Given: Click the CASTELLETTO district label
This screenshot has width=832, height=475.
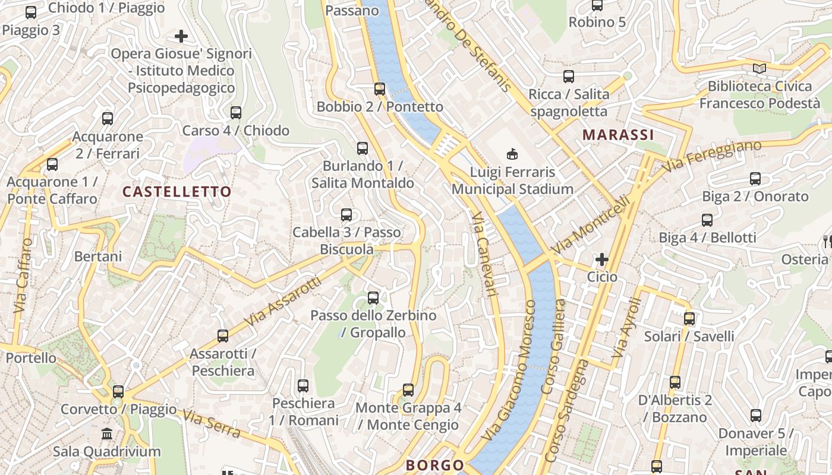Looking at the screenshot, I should click(177, 192).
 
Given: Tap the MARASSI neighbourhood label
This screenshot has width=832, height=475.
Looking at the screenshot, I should click(617, 135).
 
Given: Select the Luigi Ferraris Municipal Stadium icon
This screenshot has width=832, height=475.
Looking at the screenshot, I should click(512, 154).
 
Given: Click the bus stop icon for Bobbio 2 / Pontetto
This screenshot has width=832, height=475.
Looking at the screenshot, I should click(380, 89).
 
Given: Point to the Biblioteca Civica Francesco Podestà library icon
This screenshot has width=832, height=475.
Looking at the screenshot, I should click(759, 68).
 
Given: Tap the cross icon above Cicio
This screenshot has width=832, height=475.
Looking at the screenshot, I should click(602, 259).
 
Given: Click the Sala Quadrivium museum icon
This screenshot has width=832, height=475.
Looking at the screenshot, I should click(107, 434).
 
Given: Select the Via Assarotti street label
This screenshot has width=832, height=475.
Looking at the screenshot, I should click(282, 302).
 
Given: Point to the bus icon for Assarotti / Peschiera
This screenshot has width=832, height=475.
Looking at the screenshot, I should click(223, 336).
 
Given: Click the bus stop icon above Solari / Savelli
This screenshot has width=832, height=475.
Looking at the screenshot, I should click(689, 319).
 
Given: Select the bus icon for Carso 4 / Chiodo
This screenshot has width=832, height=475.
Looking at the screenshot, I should click(236, 113).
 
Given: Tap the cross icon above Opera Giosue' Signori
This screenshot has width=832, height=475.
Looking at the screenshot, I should click(181, 36).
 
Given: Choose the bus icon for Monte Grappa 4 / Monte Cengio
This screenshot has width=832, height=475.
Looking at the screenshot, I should click(408, 390).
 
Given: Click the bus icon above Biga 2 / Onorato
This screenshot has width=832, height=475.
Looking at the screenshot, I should click(755, 178).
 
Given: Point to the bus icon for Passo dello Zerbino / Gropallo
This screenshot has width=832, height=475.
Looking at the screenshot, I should click(373, 297).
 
